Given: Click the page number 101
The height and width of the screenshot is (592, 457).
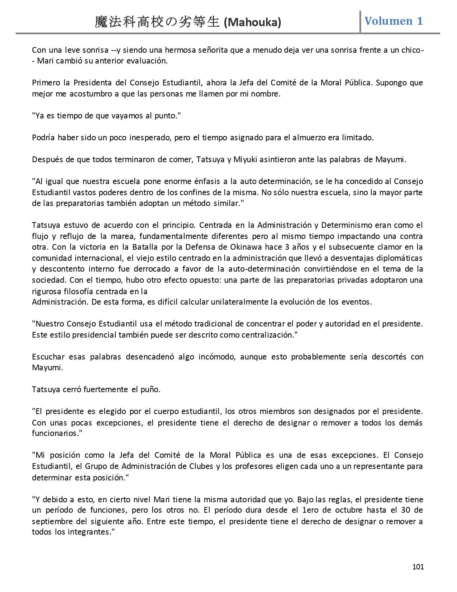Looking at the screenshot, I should [x=418, y=567].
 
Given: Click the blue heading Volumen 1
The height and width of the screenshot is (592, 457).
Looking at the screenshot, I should [x=394, y=21].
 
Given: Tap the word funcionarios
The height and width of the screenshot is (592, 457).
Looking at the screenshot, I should [x=55, y=433].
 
